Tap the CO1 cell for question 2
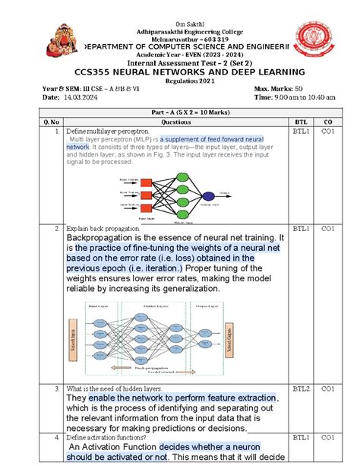[x=328, y=229]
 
